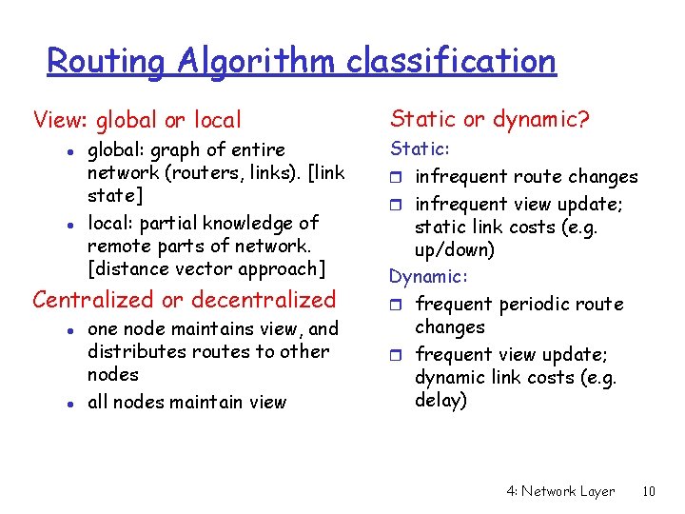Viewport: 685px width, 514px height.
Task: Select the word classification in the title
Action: pyautogui.click(x=451, y=61)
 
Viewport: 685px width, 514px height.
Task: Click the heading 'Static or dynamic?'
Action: pyautogui.click(x=490, y=119)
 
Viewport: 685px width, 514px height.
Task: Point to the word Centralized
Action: pyautogui.click(x=92, y=300)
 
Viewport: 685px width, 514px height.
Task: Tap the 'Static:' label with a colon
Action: pyautogui.click(x=420, y=149)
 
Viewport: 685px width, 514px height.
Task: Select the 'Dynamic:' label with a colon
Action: pyautogui.click(x=428, y=277)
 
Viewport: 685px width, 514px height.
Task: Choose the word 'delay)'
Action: pyautogui.click(x=440, y=401)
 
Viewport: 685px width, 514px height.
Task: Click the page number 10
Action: pyautogui.click(x=649, y=491)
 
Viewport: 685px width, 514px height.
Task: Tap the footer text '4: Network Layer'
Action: pyautogui.click(x=559, y=491)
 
